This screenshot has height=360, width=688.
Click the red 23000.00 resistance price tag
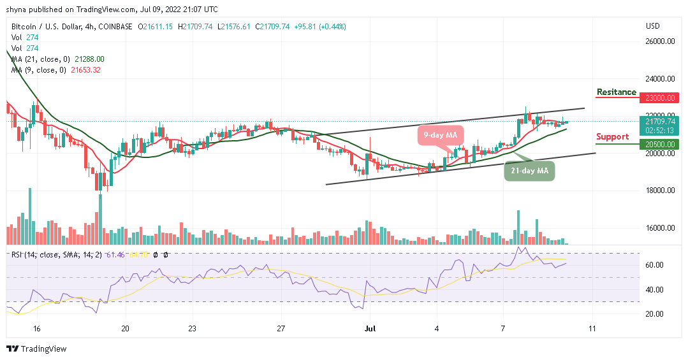(660, 97)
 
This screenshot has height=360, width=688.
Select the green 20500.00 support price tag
(660, 145)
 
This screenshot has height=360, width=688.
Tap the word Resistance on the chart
(616, 92)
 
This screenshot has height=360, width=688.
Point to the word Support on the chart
(612, 136)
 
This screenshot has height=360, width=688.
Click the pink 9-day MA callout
(440, 134)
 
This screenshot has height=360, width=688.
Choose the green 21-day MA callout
(529, 171)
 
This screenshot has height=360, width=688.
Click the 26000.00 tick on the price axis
(661, 41)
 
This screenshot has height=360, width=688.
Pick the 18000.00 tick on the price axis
(661, 191)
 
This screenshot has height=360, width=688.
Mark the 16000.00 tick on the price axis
(661, 228)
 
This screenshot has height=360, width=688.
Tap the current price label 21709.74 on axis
(660, 121)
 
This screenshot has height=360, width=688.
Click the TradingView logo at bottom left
(36, 349)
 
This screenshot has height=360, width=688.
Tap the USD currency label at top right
(652, 26)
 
